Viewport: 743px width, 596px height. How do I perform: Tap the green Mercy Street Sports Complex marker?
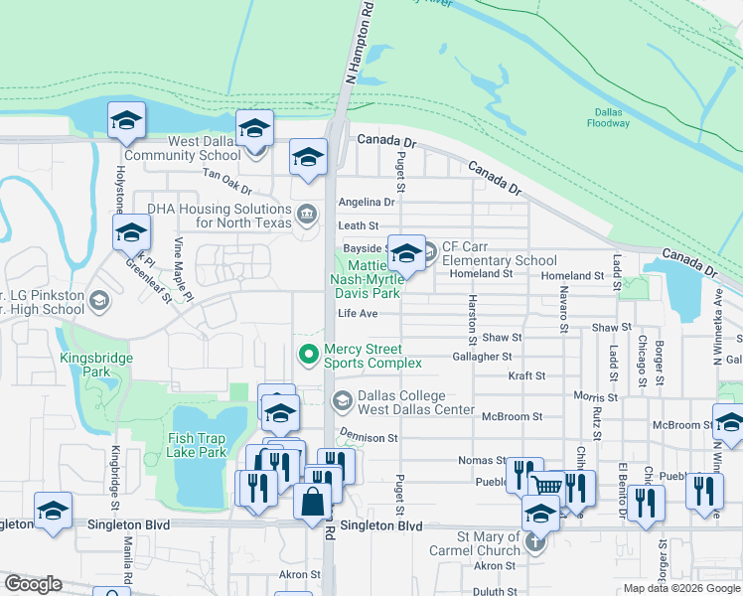click(x=309, y=354)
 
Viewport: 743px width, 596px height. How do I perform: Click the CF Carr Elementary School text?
click(x=499, y=253)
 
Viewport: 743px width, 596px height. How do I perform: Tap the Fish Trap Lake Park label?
click(x=198, y=445)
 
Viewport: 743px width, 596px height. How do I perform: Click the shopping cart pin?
click(x=547, y=486)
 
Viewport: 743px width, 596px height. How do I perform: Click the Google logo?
click(x=33, y=584)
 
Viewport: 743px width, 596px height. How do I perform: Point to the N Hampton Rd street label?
click(x=359, y=42)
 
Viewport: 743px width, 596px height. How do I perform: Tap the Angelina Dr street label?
click(x=368, y=202)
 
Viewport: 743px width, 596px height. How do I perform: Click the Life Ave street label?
click(x=358, y=313)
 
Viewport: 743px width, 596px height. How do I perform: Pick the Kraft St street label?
click(x=526, y=376)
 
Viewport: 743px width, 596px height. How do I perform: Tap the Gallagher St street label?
click(x=482, y=356)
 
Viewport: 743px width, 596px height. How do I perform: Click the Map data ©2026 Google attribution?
click(x=681, y=588)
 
